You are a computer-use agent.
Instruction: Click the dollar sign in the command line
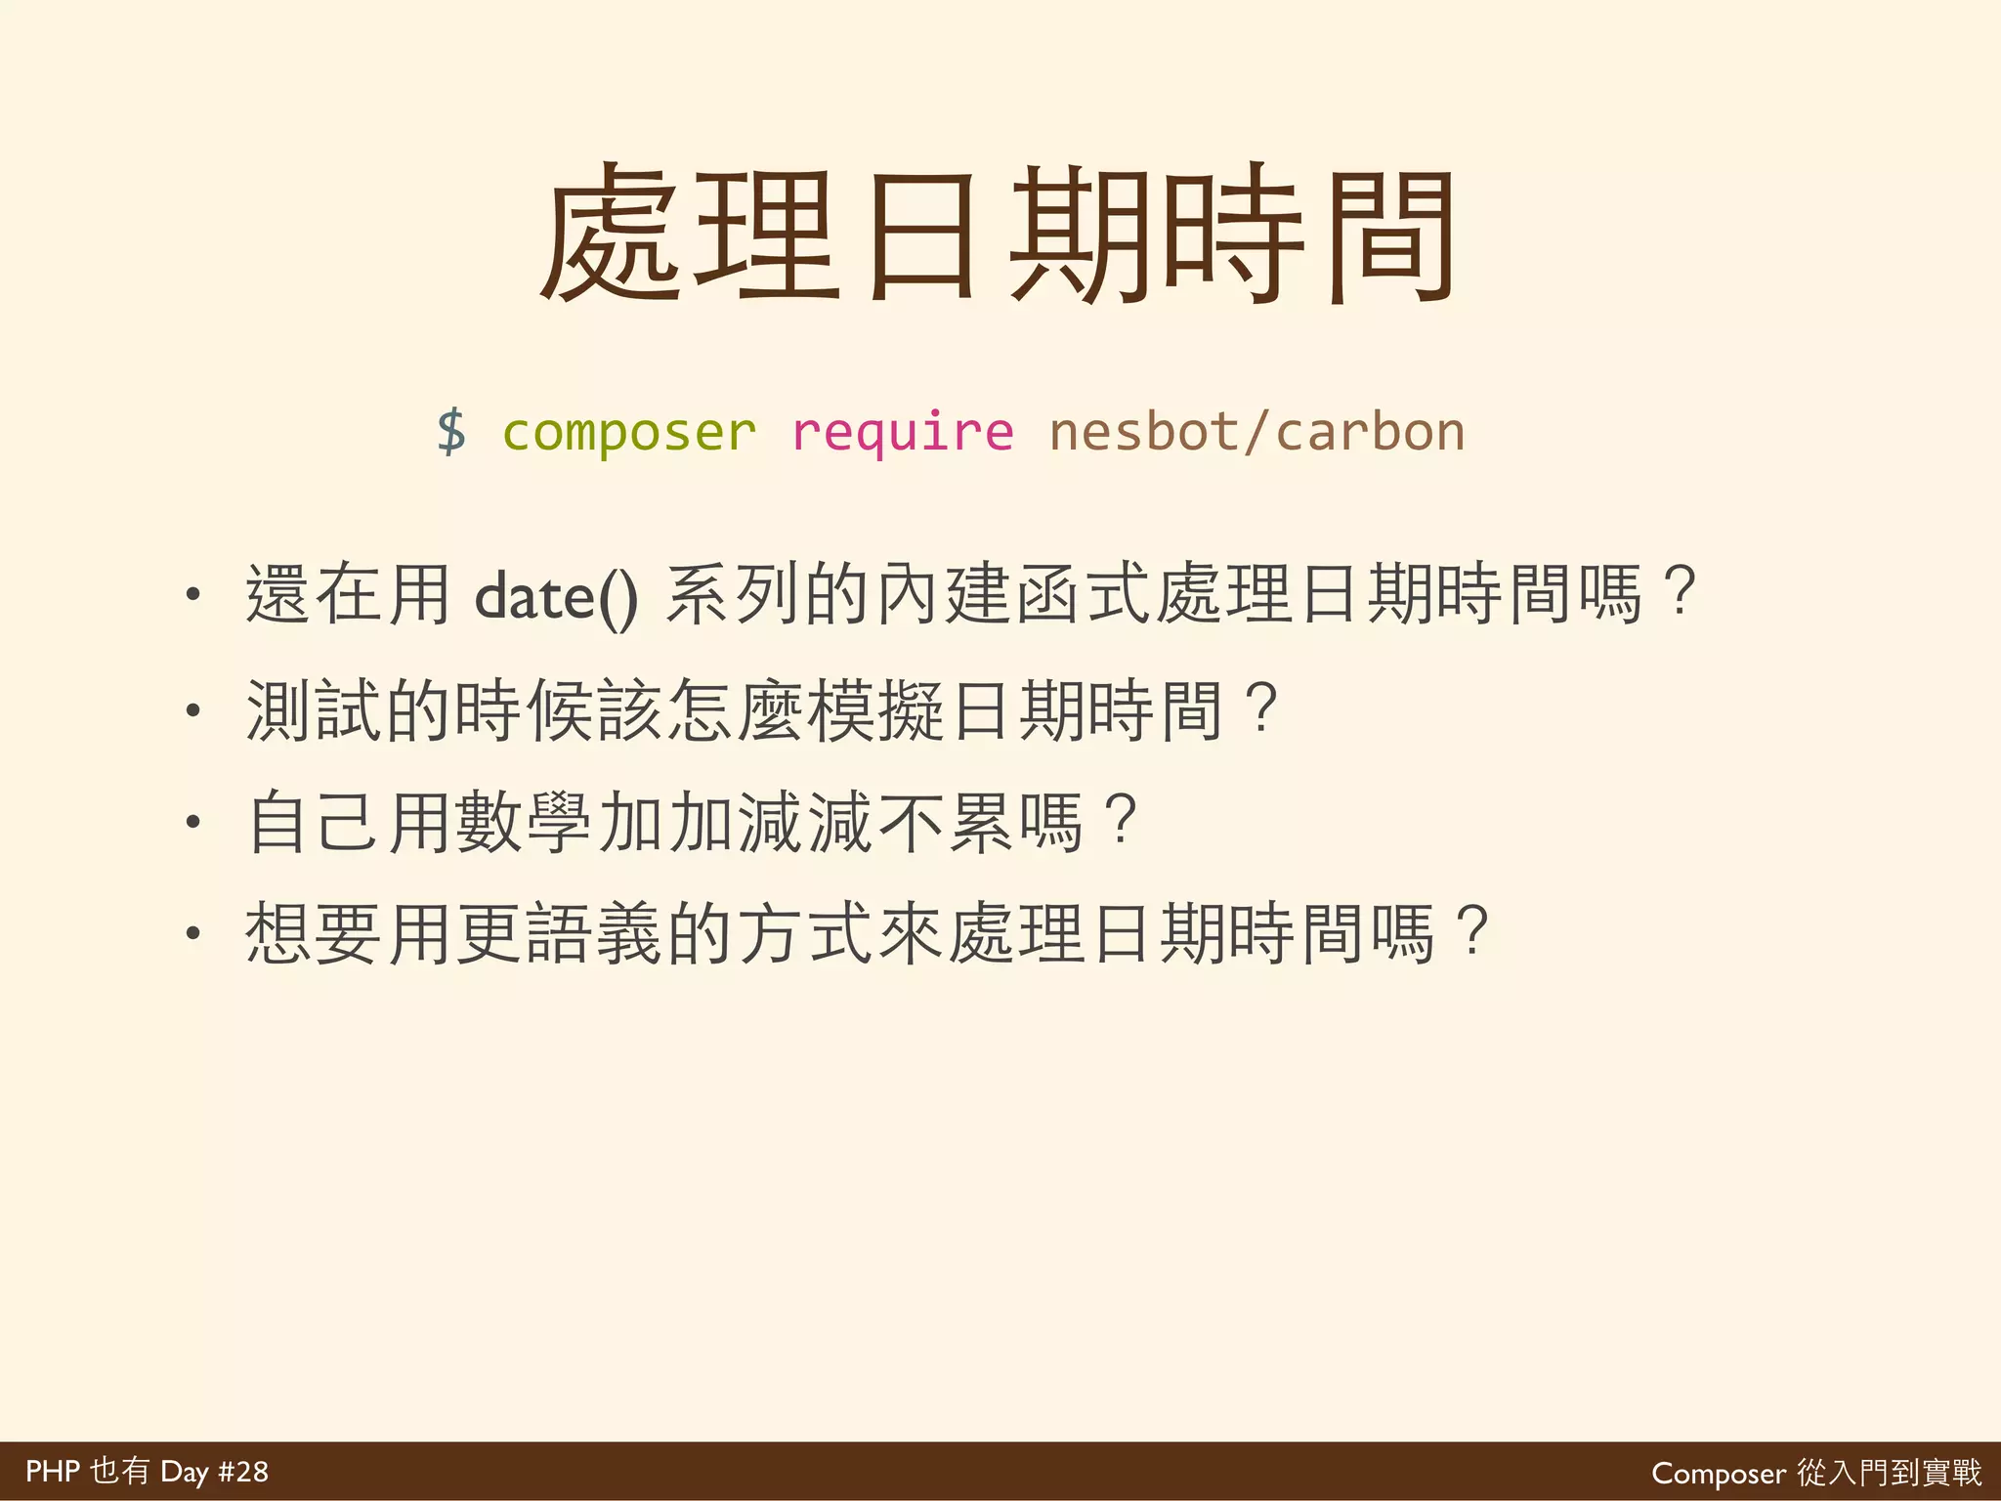click(451, 432)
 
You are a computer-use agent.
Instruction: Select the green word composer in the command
click(629, 432)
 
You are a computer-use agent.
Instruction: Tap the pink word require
click(903, 432)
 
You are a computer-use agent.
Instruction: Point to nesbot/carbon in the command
click(1256, 432)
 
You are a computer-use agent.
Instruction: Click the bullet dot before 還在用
click(193, 594)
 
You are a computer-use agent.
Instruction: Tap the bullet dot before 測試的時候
click(193, 709)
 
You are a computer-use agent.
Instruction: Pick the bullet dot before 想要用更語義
click(193, 934)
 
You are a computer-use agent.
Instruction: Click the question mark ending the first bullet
click(1681, 592)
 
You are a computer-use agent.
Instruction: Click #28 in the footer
click(242, 1472)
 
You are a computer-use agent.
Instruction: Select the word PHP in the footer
click(52, 1472)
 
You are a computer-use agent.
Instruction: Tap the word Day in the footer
click(185, 1472)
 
